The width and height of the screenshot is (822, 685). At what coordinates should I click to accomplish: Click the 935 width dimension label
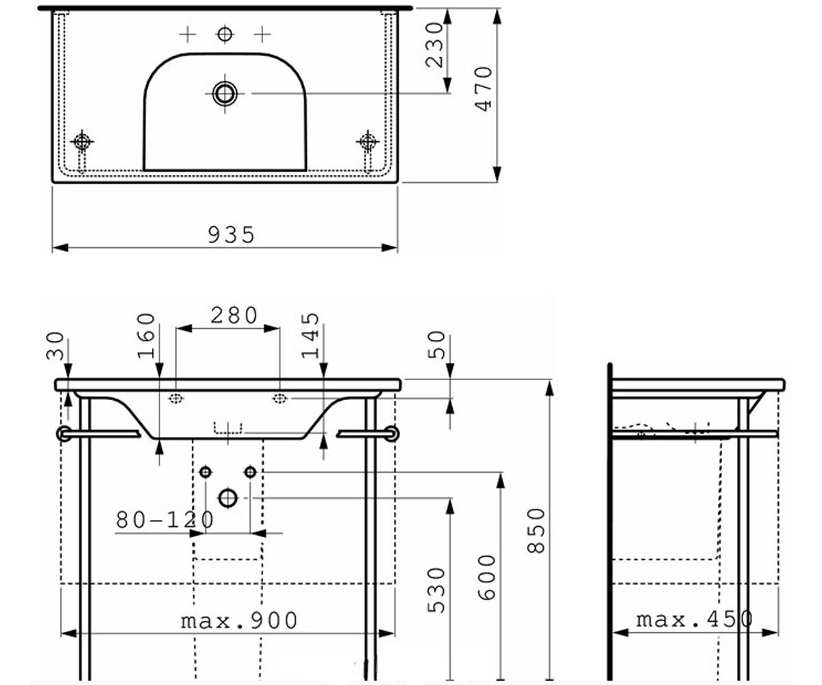(x=231, y=235)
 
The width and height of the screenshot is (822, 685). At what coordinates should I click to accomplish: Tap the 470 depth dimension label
(x=484, y=89)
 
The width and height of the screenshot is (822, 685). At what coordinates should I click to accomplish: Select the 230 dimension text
(x=434, y=45)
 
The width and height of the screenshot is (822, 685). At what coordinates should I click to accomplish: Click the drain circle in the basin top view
(x=225, y=94)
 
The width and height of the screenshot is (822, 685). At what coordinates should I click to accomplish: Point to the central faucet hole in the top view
(x=225, y=34)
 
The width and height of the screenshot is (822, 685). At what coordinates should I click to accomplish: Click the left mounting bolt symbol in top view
(x=82, y=141)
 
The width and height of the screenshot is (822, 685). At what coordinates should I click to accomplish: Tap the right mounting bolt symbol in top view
(x=368, y=141)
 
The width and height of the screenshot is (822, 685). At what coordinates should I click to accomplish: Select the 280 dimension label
(x=234, y=315)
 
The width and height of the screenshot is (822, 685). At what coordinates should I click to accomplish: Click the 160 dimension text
(x=146, y=336)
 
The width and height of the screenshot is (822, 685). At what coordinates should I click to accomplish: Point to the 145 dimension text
(x=310, y=336)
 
